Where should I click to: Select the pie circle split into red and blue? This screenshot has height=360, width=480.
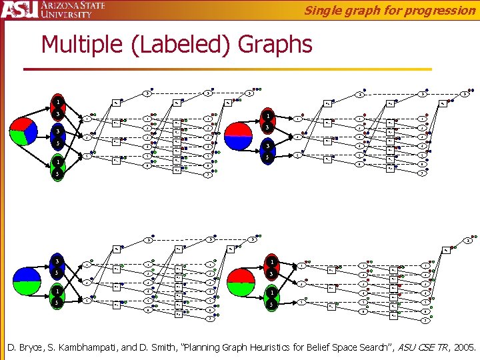(x=239, y=135)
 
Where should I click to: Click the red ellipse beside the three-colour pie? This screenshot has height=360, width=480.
(x=58, y=109)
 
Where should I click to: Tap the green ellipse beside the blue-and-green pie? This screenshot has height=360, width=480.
(x=58, y=297)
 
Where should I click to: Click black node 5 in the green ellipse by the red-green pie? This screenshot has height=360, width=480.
(x=271, y=304)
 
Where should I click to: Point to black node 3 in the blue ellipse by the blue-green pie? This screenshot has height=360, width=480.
(x=58, y=261)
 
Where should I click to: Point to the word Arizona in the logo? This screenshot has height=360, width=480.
(x=61, y=5)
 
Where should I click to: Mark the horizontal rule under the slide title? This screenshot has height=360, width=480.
(x=227, y=69)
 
